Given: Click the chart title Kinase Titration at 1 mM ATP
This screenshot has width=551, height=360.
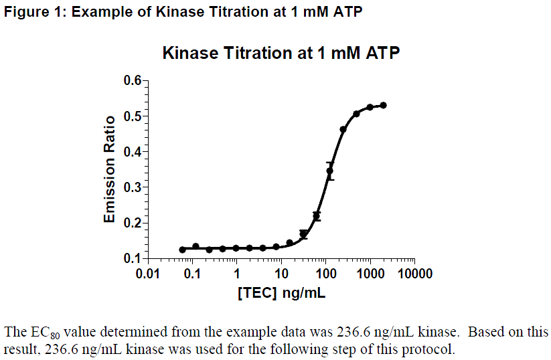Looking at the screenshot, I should tap(281, 53).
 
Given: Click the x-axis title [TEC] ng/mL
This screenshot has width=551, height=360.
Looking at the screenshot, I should tap(281, 292).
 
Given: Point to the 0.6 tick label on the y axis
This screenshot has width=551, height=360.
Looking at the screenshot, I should tap(133, 81).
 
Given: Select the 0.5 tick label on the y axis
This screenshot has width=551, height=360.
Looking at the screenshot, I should tap(133, 116).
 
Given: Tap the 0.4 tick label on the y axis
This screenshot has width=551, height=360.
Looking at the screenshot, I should tap(133, 152).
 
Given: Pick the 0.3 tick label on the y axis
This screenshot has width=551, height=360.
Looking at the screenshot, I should tap(133, 187).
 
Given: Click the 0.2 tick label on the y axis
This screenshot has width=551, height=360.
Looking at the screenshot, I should tap(133, 223).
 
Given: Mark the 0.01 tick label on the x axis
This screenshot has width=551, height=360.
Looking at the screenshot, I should tap(148, 274).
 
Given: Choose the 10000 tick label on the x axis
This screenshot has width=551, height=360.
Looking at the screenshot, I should tap(414, 274).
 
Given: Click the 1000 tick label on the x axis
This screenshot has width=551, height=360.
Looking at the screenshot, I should tap(370, 274).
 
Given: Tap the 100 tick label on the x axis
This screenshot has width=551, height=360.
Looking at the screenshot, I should tap(326, 274).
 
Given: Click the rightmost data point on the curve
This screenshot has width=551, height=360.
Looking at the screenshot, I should tap(383, 105).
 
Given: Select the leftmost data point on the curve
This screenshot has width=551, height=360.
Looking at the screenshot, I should tap(182, 250).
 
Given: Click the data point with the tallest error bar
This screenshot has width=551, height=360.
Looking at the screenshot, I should tap(329, 171).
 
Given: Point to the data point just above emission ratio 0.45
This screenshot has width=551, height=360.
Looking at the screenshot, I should tap(343, 129).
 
